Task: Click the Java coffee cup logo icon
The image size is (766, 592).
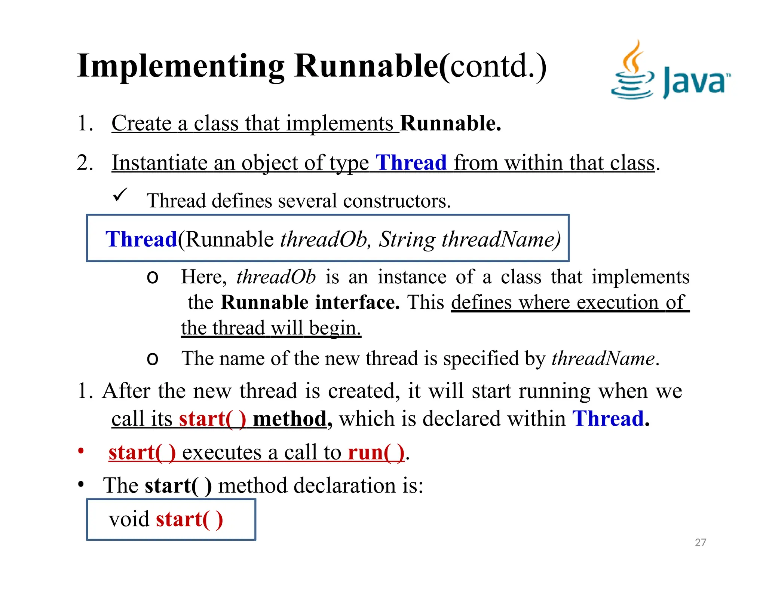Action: [632, 71]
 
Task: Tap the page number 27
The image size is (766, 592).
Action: [700, 542]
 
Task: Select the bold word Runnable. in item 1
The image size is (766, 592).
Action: [450, 123]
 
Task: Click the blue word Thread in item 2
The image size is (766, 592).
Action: [411, 163]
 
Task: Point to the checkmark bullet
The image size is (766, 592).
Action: [120, 195]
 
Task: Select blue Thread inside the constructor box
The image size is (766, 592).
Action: [141, 239]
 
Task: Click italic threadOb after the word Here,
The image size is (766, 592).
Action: [276, 277]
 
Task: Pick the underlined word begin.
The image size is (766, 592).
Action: [335, 328]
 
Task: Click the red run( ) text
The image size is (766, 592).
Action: [376, 452]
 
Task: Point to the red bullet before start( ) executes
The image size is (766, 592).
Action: [81, 451]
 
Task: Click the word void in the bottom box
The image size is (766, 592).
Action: [129, 519]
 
